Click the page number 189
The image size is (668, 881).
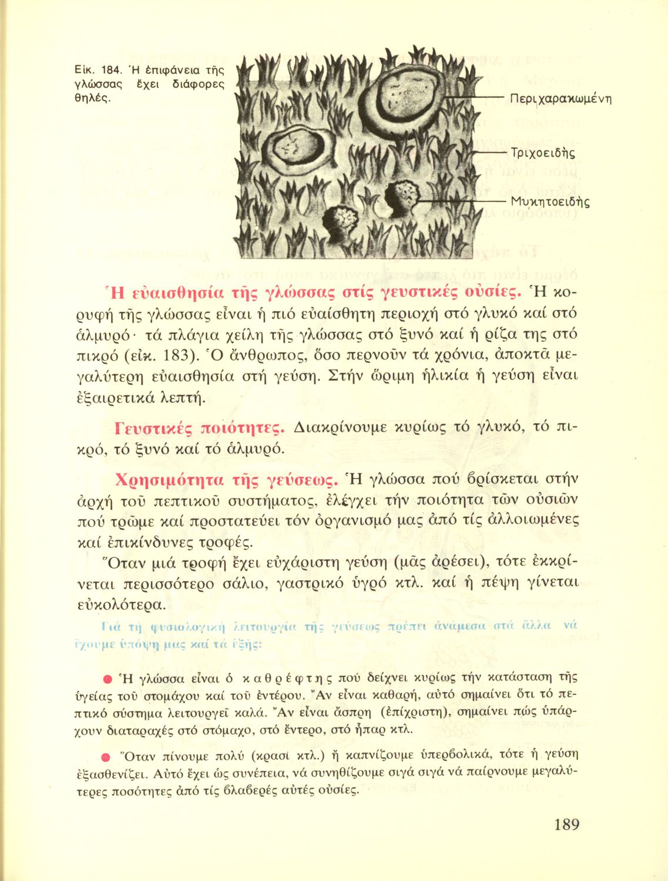[x=566, y=825]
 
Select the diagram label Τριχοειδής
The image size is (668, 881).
[x=543, y=153]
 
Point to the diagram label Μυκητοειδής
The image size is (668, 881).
[x=550, y=202]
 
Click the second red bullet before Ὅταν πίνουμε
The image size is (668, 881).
[x=107, y=755]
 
